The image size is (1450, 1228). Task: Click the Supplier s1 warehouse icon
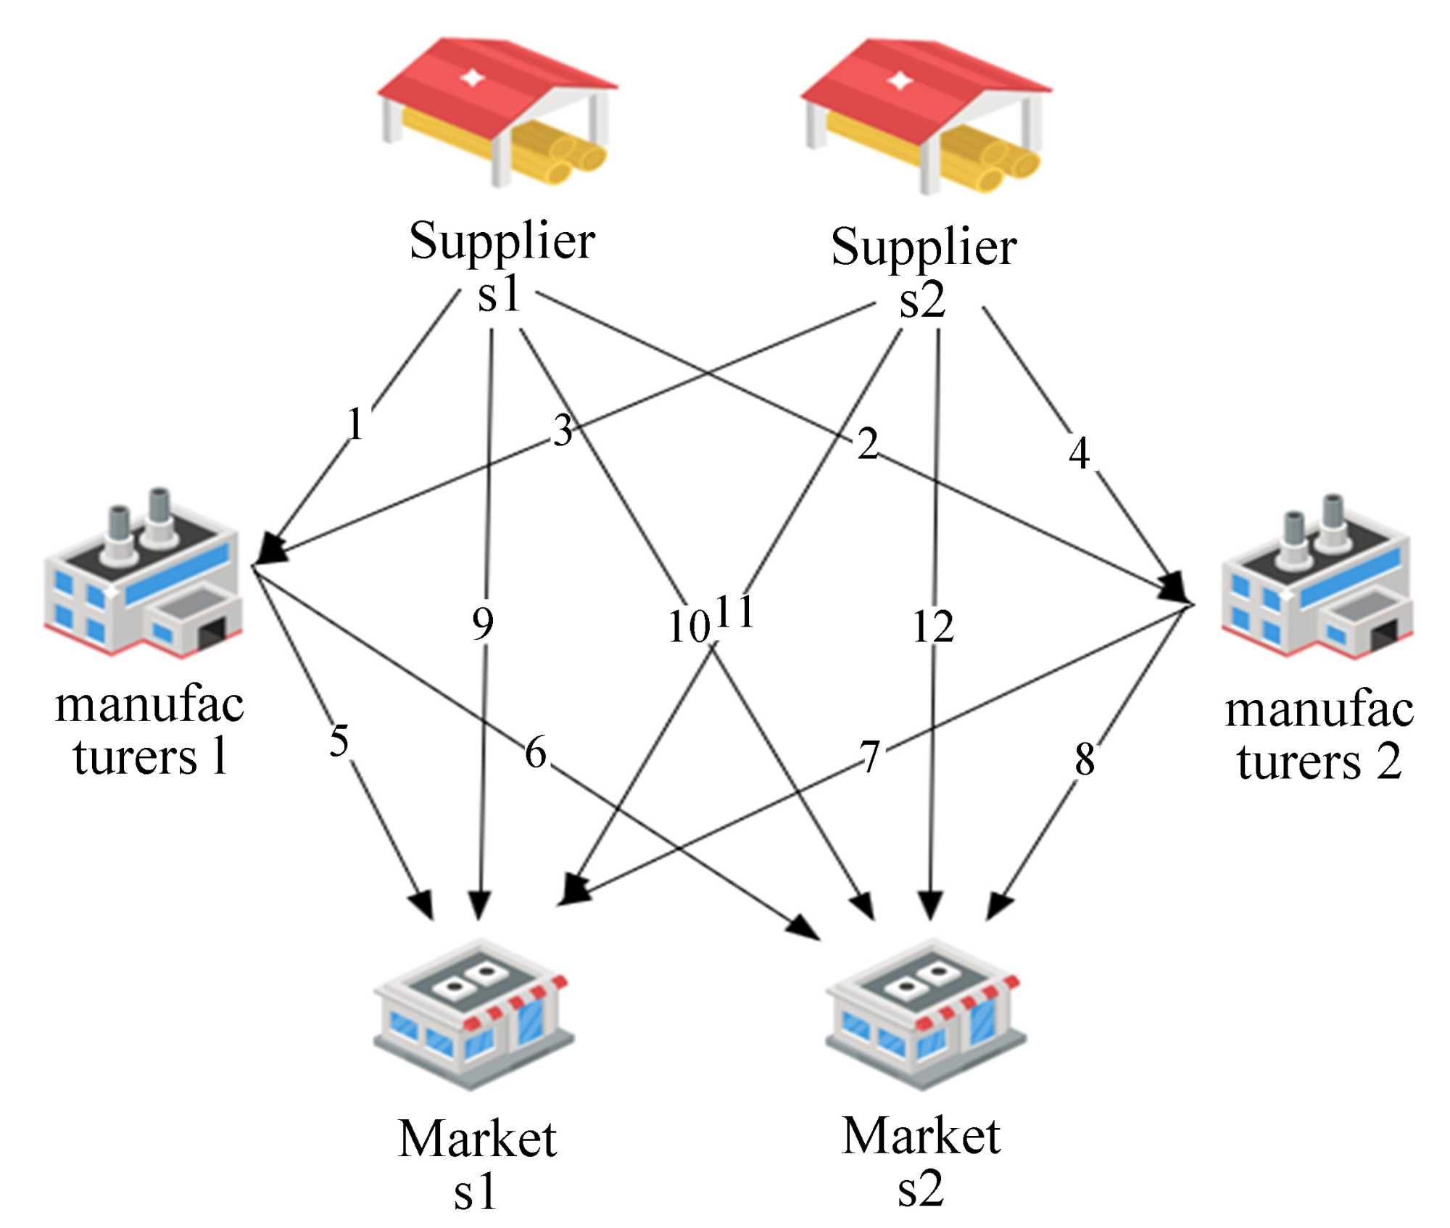[x=497, y=112]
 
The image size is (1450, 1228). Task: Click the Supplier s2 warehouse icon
[x=925, y=116]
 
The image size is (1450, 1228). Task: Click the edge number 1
[x=355, y=424]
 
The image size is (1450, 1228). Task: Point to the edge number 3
[x=563, y=431]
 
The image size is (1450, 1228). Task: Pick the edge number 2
[x=868, y=444]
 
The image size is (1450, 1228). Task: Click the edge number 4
[x=1079, y=453]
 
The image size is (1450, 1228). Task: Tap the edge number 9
[x=483, y=624]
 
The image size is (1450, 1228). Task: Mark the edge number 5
[x=339, y=741]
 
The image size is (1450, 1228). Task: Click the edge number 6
[x=536, y=752]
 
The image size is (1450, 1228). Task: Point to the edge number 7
[x=870, y=757]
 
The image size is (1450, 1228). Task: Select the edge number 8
[x=1085, y=760]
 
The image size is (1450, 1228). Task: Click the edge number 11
[x=734, y=611]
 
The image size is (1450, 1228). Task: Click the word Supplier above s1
[x=502, y=242]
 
